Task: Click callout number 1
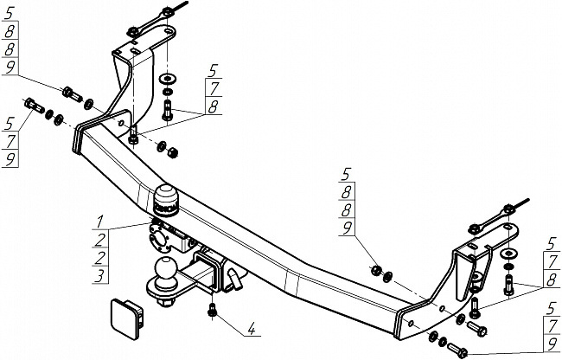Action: click(100, 218)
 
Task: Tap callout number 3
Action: click(100, 275)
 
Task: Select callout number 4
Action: click(251, 328)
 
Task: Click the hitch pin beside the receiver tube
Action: click(235, 274)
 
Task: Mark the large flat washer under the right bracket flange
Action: click(508, 253)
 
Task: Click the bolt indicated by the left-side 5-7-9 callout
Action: click(35, 106)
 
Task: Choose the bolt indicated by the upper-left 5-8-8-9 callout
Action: click(71, 93)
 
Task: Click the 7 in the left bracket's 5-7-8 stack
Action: click(213, 87)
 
